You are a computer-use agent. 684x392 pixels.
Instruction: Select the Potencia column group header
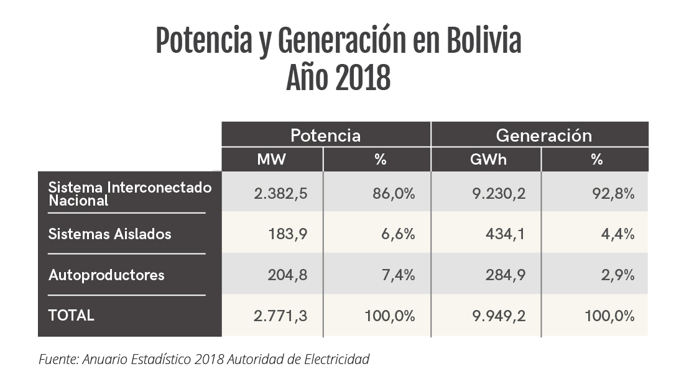click(x=325, y=135)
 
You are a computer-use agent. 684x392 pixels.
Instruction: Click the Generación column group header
click(x=543, y=135)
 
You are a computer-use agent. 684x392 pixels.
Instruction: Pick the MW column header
click(x=271, y=160)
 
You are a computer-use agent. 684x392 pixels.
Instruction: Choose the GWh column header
click(x=488, y=160)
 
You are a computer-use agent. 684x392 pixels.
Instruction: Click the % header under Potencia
click(x=380, y=160)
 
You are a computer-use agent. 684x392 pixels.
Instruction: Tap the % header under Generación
click(x=597, y=160)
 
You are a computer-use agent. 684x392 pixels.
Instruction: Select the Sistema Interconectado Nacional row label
click(x=129, y=194)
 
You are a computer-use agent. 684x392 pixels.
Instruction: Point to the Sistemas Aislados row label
click(x=109, y=234)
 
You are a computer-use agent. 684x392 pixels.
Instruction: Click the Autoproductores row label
click(x=106, y=275)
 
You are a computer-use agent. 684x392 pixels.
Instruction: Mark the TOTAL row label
click(x=72, y=315)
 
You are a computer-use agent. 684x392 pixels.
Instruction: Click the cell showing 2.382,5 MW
click(x=280, y=194)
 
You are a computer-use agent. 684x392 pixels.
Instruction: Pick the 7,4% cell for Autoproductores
click(x=398, y=275)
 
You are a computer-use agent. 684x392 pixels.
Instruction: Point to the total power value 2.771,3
click(x=280, y=316)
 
